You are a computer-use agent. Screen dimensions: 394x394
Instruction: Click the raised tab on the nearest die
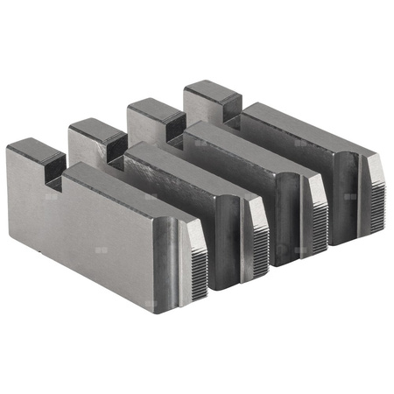coord(35,157)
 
